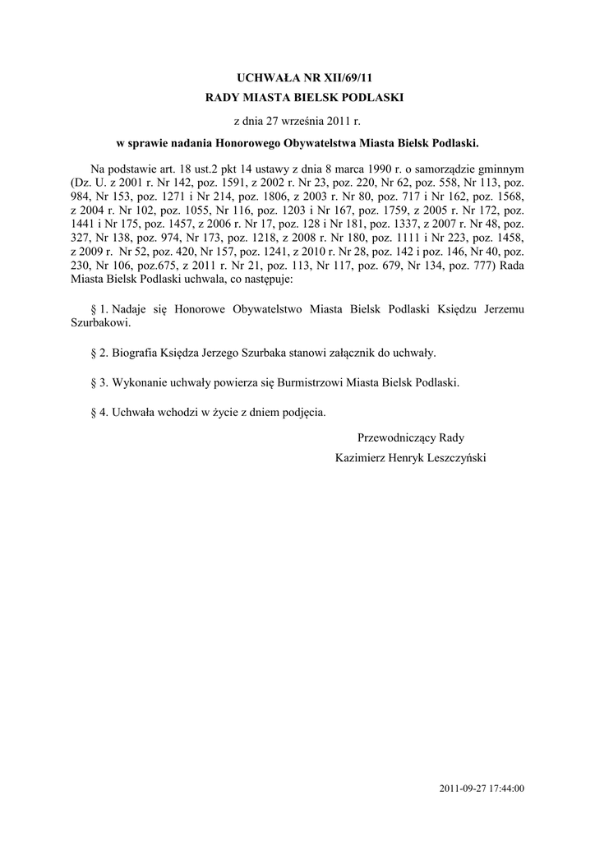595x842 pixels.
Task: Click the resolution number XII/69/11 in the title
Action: pos(330,78)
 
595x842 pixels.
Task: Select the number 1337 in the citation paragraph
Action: pos(388,224)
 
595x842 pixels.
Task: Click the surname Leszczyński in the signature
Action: pos(451,457)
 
